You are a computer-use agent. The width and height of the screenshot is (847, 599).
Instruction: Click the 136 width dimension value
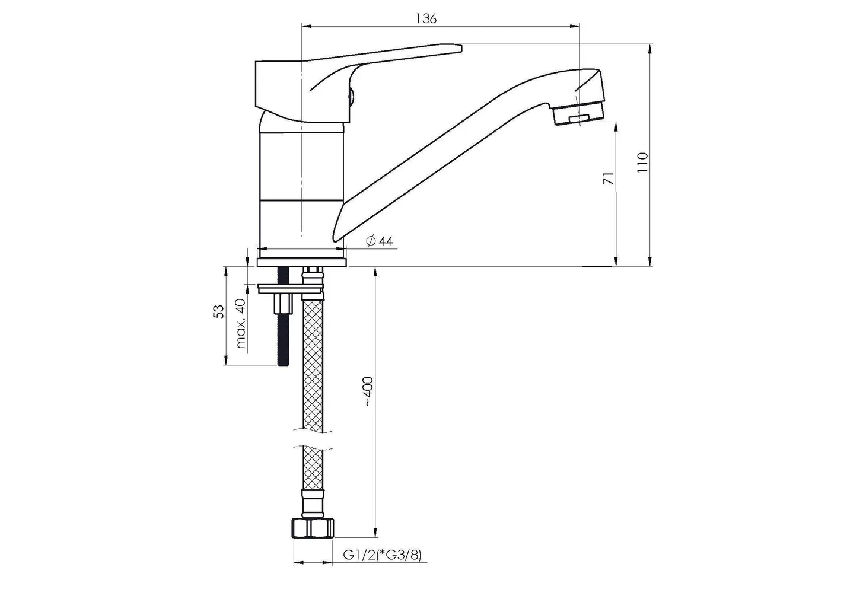point(426,18)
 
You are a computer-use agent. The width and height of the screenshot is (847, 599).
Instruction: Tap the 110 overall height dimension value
point(643,162)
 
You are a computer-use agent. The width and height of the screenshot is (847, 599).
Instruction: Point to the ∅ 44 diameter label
point(380,241)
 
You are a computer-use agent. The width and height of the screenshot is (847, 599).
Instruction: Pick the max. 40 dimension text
point(240,323)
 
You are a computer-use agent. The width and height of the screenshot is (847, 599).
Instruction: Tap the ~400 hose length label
point(368,391)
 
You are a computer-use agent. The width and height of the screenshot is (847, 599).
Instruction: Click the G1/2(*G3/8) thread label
point(382,556)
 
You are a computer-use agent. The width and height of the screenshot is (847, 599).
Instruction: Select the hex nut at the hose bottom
point(313,528)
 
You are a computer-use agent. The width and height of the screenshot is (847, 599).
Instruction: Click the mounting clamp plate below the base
point(291,288)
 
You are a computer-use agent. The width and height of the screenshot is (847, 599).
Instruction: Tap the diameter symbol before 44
point(370,241)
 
